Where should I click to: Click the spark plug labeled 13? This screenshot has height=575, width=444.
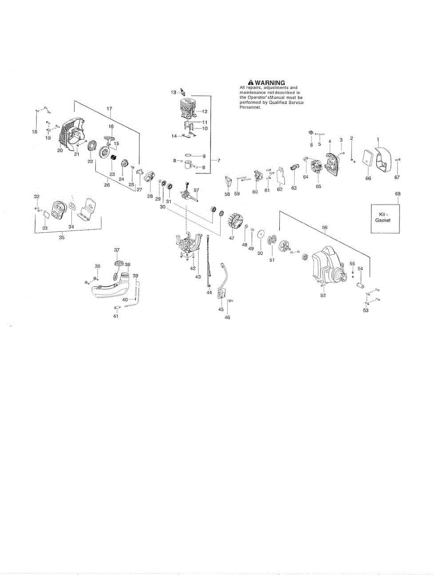tap(182, 92)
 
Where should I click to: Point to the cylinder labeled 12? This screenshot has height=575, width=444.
tap(187, 111)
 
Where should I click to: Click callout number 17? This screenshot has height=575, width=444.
tap(109, 108)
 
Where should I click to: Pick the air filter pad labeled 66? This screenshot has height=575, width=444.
tap(367, 160)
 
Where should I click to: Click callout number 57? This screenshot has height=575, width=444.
tap(196, 190)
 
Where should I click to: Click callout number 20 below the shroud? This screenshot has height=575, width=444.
tap(60, 150)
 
